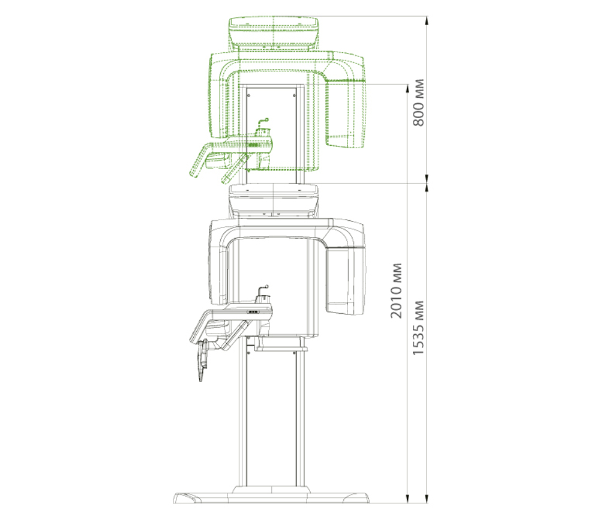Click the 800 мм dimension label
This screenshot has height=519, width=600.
point(418,103)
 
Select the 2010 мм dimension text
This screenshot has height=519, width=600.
point(396,290)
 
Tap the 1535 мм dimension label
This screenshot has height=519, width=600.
point(418,328)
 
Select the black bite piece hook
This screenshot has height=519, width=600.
point(263,290)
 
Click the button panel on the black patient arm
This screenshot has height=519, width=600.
point(254,312)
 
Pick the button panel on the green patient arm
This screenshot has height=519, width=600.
point(254,145)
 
